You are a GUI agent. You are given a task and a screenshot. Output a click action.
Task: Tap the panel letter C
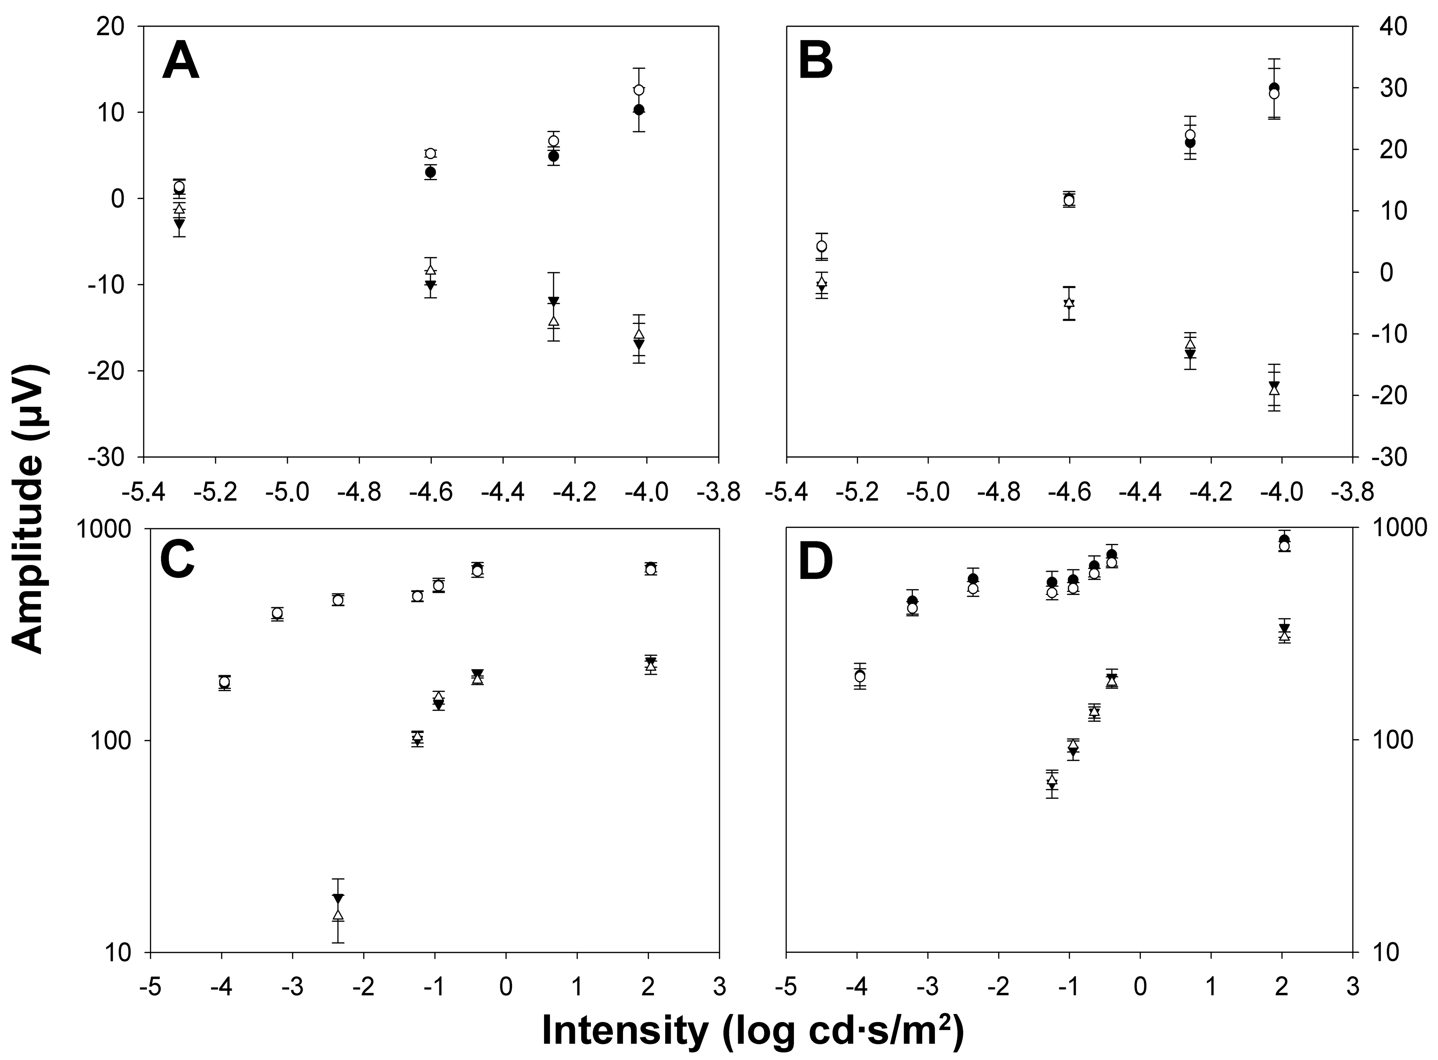tap(177, 562)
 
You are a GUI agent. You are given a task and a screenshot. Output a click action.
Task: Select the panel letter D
tap(815, 562)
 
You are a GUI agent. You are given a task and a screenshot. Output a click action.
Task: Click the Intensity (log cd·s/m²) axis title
tap(752, 1030)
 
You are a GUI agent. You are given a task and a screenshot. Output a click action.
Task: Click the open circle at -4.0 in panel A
tap(639, 90)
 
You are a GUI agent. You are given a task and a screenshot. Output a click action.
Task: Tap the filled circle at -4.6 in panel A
tap(431, 172)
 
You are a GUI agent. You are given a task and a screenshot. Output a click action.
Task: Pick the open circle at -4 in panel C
tap(225, 682)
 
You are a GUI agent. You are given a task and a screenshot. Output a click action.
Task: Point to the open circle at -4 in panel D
tap(860, 676)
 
